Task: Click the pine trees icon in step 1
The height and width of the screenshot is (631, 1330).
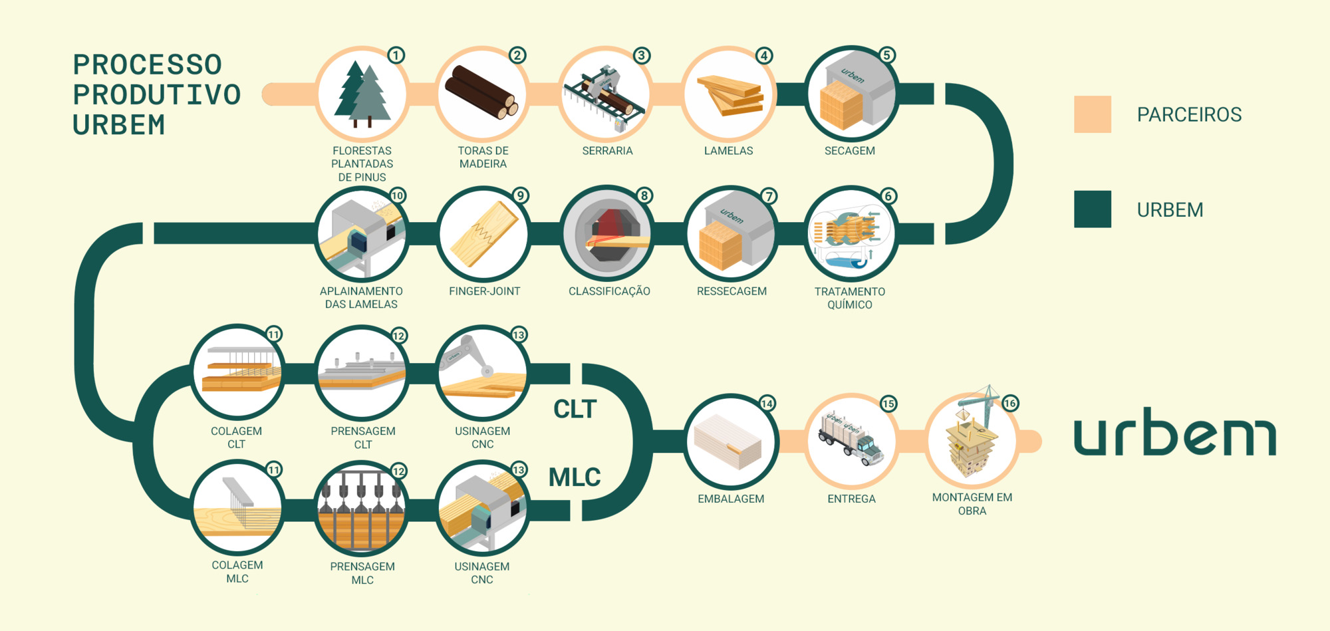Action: tap(362, 94)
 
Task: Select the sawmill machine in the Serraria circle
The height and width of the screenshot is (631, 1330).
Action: tap(605, 94)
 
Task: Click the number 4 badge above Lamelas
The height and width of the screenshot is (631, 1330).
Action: tap(764, 56)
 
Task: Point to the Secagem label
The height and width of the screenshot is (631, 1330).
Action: tap(849, 151)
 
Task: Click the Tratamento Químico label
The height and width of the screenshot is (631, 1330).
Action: tap(849, 298)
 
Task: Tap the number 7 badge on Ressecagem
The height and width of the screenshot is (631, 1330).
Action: tap(769, 196)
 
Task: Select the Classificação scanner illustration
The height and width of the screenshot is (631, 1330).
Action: tap(607, 233)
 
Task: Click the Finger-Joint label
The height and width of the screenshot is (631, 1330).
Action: tap(484, 291)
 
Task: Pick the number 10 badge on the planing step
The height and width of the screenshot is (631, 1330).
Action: tap(397, 196)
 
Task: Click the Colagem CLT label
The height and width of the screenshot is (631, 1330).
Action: tap(236, 438)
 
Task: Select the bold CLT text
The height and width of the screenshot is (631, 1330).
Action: tap(575, 410)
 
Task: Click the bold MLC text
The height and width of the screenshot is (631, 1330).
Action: tap(575, 477)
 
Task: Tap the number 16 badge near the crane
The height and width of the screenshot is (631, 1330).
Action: tap(1009, 404)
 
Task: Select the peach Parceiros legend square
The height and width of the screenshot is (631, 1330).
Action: tap(1092, 114)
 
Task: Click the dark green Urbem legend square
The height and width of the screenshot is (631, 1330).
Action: tap(1092, 209)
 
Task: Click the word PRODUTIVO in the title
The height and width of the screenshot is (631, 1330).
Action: tap(157, 95)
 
